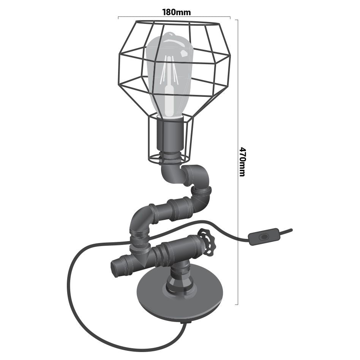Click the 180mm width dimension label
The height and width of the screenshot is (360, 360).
(x=176, y=12)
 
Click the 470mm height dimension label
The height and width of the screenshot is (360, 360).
(x=242, y=161)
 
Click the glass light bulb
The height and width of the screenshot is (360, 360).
(x=169, y=76)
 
